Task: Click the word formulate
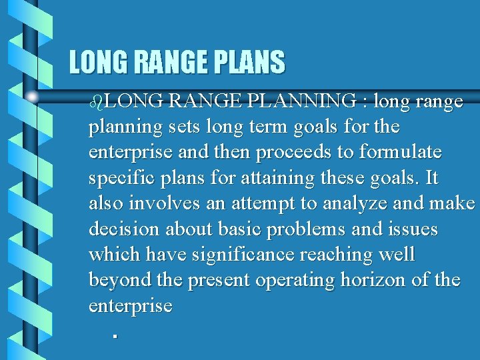click(x=400, y=152)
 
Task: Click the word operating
click(x=303, y=281)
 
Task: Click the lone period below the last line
click(x=115, y=336)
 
